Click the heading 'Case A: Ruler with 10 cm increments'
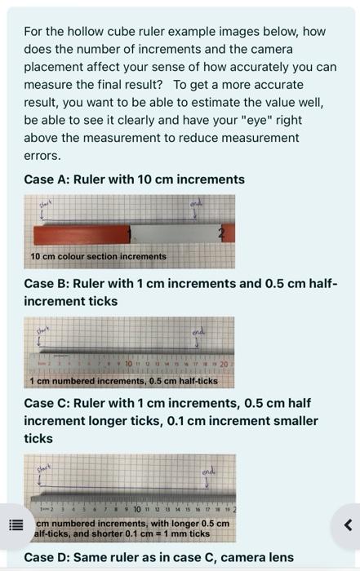pyautogui.click(x=134, y=179)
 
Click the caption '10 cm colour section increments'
pyautogui.click(x=98, y=256)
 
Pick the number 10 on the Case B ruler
pyautogui.click(x=130, y=362)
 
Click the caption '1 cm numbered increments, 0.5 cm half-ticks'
pyautogui.click(x=124, y=381)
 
